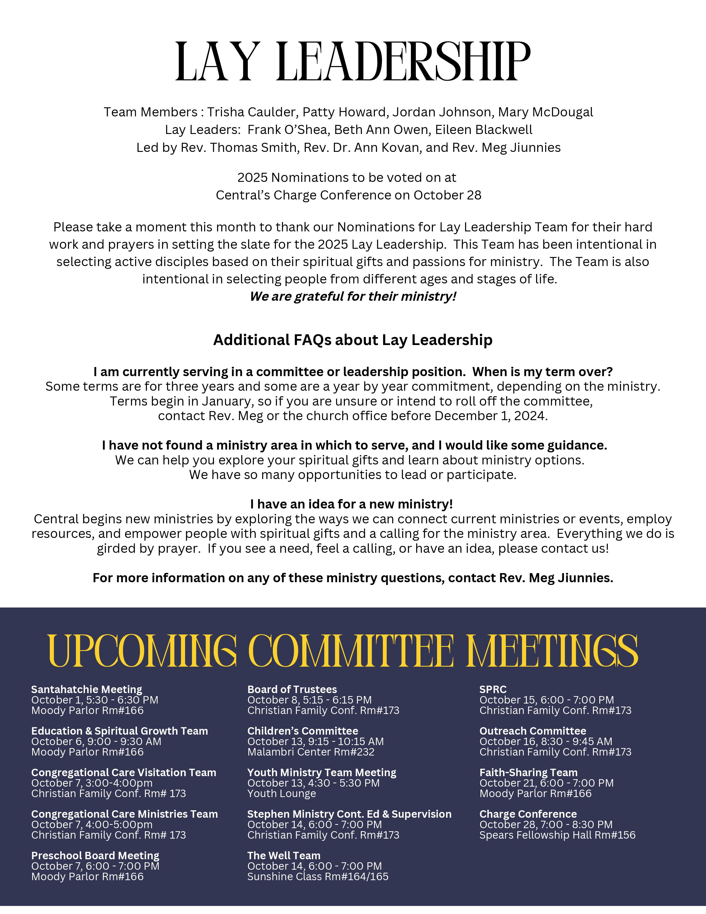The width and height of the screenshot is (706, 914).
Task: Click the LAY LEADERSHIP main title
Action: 353,62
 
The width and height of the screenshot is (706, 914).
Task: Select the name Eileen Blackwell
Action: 484,130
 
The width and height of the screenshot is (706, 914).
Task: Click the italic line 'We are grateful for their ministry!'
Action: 353,296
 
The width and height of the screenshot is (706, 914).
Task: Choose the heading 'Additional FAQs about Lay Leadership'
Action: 353,340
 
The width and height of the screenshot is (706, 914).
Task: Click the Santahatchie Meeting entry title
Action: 87,689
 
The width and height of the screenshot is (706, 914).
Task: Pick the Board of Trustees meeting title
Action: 292,689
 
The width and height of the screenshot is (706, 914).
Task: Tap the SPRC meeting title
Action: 493,689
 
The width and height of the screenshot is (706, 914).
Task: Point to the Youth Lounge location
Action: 281,793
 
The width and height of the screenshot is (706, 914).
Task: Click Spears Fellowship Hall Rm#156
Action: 557,835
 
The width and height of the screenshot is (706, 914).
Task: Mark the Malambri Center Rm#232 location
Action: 311,752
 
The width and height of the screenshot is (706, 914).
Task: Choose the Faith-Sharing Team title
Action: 528,773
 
